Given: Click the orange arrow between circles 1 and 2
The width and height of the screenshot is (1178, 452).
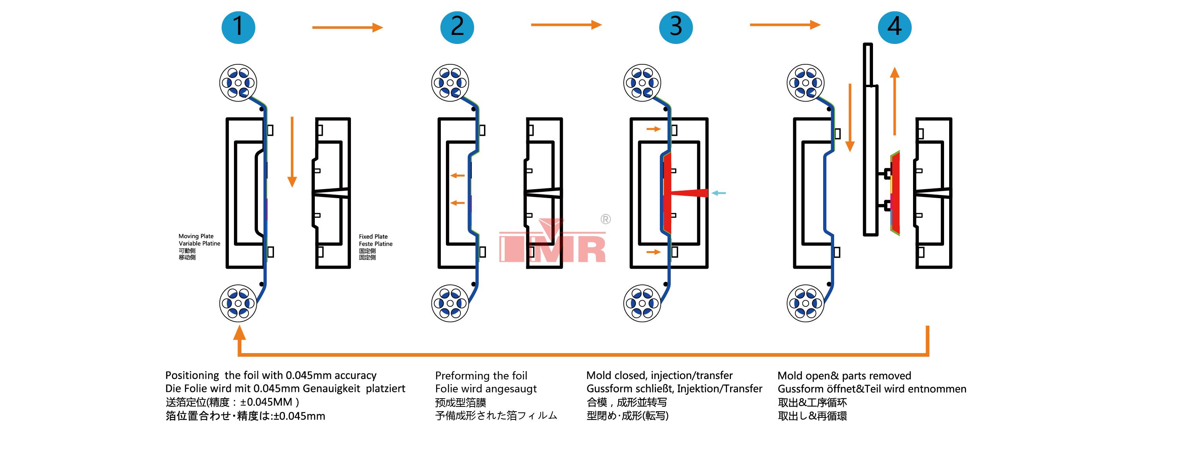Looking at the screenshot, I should pyautogui.click(x=347, y=27).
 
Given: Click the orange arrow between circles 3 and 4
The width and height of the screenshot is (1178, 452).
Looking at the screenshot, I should pyautogui.click(x=785, y=25).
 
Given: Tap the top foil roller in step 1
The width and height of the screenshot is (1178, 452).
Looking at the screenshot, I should pyautogui.click(x=238, y=83).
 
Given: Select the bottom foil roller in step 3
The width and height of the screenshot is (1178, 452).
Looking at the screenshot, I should pyautogui.click(x=642, y=303).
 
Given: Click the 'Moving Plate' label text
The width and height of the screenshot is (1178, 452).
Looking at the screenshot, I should pyautogui.click(x=196, y=236).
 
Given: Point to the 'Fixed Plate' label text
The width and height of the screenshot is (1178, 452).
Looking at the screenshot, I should pyautogui.click(x=373, y=236).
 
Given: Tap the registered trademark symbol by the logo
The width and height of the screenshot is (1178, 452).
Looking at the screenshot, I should pyautogui.click(x=605, y=219).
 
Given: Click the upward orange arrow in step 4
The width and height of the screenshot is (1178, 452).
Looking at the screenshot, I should pyautogui.click(x=895, y=100).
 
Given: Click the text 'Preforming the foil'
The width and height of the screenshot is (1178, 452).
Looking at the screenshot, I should pyautogui.click(x=481, y=375).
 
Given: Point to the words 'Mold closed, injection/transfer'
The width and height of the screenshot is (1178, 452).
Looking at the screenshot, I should pyautogui.click(x=659, y=375).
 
